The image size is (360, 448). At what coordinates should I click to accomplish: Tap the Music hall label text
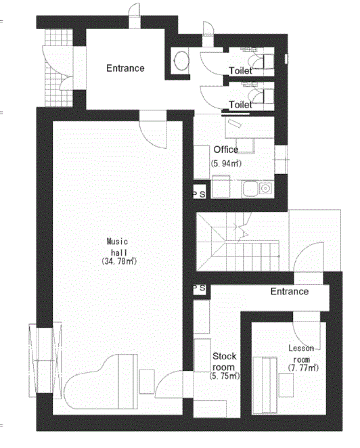(118, 247)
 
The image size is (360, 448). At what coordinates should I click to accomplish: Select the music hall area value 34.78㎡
(119, 261)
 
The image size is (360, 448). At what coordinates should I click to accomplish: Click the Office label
(226, 150)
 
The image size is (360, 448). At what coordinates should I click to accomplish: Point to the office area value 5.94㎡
(226, 163)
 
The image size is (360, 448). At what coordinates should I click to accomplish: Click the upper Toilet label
(241, 70)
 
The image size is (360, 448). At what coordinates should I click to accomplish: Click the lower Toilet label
(241, 105)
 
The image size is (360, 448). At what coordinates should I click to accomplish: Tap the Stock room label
(224, 361)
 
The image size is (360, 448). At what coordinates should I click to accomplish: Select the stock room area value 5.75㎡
(225, 376)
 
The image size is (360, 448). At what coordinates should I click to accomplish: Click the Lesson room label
(301, 354)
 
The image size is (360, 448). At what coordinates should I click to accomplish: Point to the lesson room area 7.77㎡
(303, 367)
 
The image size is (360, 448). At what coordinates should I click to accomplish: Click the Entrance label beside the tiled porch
(125, 68)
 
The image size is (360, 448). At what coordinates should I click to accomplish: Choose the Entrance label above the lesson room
(290, 292)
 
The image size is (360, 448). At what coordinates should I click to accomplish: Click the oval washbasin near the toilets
(181, 61)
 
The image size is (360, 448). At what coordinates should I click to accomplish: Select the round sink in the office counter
(266, 189)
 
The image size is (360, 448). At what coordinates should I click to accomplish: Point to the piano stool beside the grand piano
(147, 382)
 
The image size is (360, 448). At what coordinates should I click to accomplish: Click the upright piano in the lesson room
(265, 385)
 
